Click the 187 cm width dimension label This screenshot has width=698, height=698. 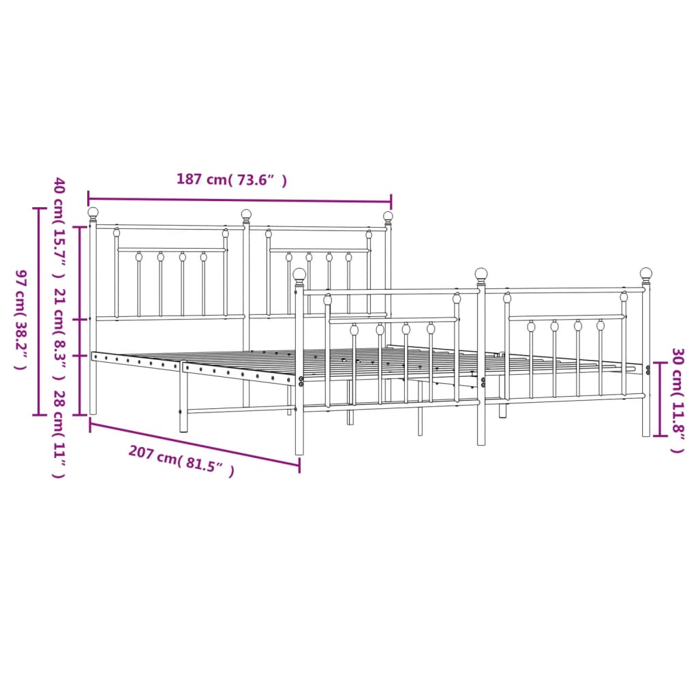pos(231,180)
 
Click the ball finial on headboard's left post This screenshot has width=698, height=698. pos(93,213)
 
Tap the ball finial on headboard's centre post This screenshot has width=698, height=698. pos(246,215)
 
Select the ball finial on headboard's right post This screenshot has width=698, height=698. pos(388,217)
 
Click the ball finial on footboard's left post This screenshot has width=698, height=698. pos(299,274)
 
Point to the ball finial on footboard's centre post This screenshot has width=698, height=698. pos(481,274)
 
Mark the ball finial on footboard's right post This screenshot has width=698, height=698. pos(646,273)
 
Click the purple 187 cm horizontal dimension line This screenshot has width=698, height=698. pos(239,200)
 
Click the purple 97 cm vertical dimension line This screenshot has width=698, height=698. pos(37,311)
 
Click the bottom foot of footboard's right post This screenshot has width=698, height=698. pos(646,433)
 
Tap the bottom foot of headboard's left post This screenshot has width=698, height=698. pos(93,410)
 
